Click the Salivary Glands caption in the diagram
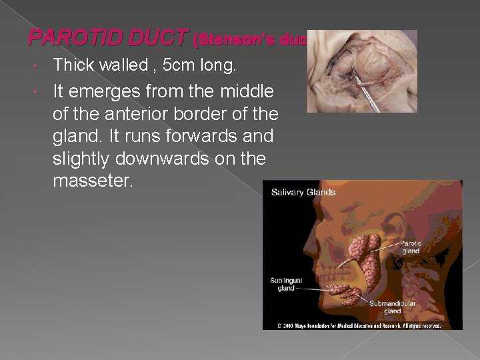(303, 193)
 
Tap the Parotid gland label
(411, 247)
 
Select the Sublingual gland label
(286, 284)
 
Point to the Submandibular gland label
(393, 307)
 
